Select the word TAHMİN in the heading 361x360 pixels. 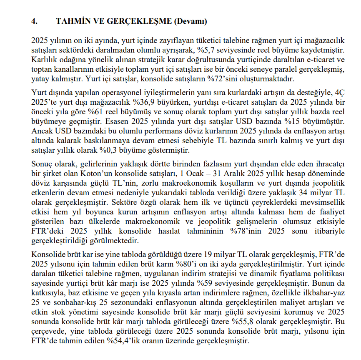[x=70, y=21]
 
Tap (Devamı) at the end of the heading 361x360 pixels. [x=190, y=21]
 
